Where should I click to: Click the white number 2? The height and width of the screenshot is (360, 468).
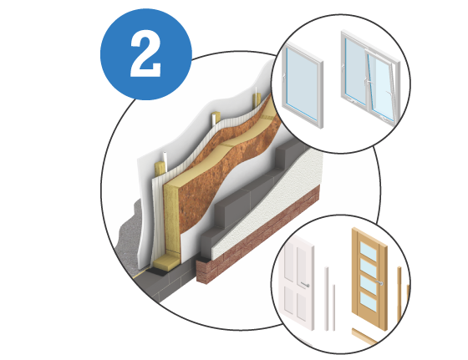(145, 53)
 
